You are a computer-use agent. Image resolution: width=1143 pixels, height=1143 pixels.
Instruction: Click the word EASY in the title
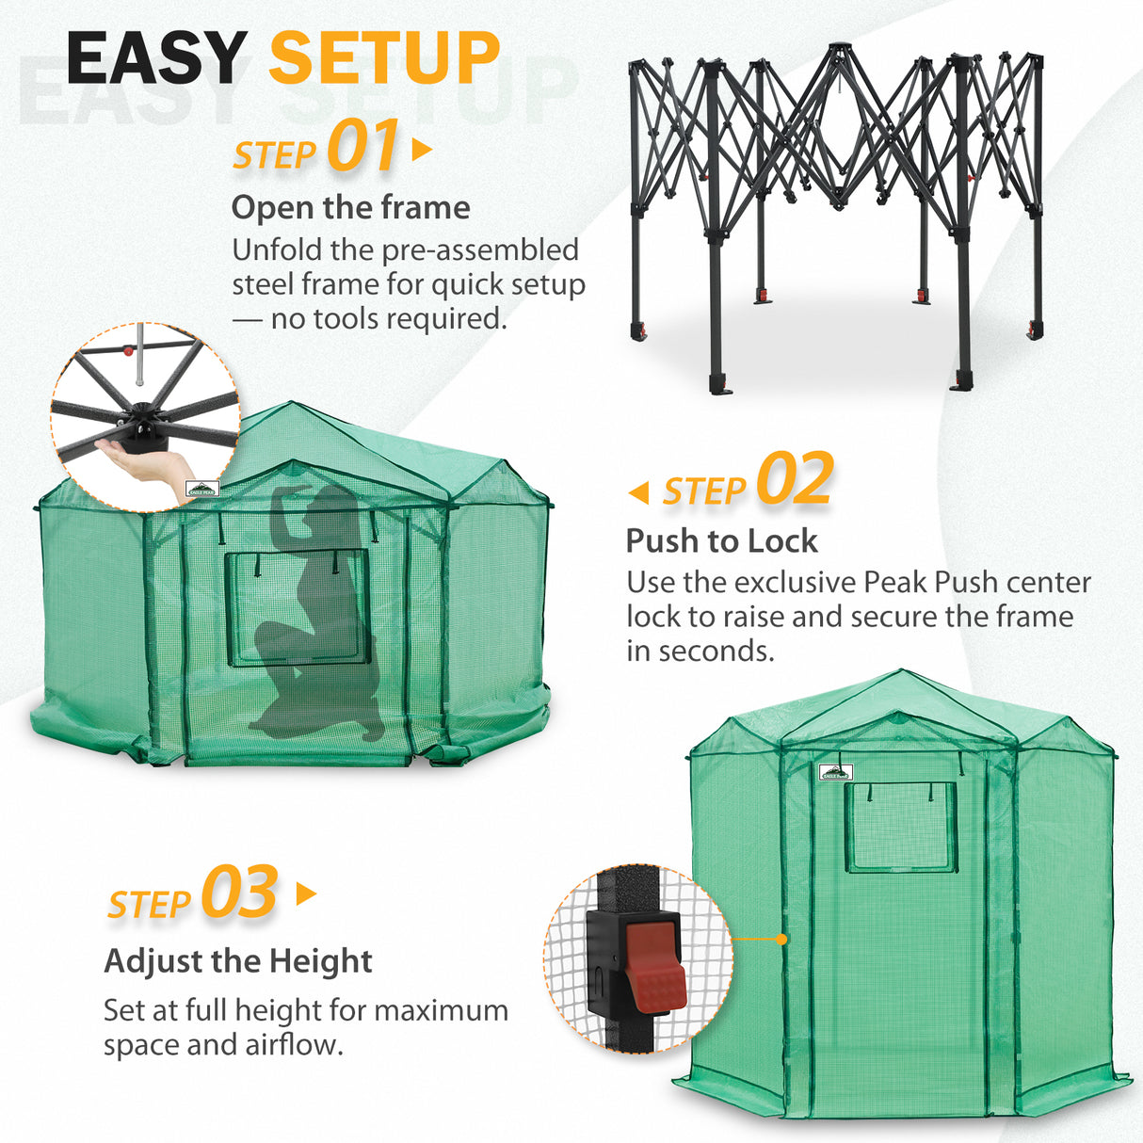156,58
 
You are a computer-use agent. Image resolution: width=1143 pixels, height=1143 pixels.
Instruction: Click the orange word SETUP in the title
384,58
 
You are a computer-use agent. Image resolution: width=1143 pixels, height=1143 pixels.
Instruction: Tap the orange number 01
363,148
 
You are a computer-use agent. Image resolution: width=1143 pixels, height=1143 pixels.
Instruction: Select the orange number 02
795,480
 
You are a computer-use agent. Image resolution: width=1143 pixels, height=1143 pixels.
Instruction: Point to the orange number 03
239,893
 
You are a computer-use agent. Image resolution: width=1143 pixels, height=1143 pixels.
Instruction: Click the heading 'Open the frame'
350,207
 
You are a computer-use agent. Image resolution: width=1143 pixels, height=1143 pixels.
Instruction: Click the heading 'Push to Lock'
721,540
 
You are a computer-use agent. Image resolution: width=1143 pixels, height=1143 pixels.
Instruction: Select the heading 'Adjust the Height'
238,961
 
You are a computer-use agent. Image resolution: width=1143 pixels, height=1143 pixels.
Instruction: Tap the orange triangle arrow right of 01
422,150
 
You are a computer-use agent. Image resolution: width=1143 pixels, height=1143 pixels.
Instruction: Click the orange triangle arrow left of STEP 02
638,491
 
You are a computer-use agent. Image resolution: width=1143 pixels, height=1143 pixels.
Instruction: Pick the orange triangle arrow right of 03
306,893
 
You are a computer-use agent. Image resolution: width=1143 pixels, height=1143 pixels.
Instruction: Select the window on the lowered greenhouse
296,608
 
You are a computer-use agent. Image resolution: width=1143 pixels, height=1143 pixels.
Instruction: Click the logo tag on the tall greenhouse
835,772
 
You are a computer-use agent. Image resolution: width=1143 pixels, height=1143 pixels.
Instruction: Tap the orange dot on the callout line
781,939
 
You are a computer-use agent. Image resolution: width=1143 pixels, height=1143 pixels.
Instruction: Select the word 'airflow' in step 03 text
290,1045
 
